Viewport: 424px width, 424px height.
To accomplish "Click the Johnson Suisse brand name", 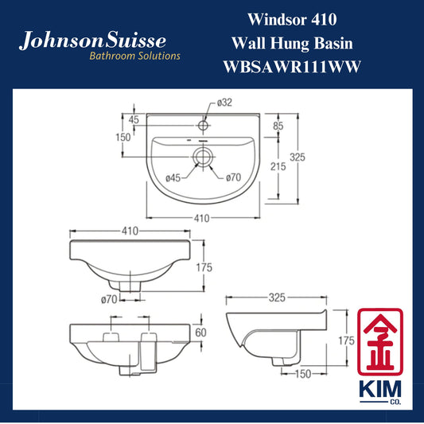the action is click(x=92, y=41).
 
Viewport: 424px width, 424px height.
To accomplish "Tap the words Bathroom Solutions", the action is click(x=134, y=56).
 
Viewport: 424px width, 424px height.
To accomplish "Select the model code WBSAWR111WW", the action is click(x=292, y=67).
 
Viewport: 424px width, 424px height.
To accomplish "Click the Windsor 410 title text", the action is click(x=292, y=19).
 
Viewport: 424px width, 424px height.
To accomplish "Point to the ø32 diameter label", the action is click(x=224, y=103).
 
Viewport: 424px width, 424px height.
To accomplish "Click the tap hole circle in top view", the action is click(x=203, y=125).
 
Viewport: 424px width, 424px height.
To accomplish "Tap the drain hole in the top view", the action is click(x=203, y=157).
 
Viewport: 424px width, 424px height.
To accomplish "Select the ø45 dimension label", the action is click(x=173, y=178).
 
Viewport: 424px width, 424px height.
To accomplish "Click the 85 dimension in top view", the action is click(x=278, y=126).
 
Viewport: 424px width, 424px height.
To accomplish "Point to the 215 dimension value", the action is click(x=278, y=166).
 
